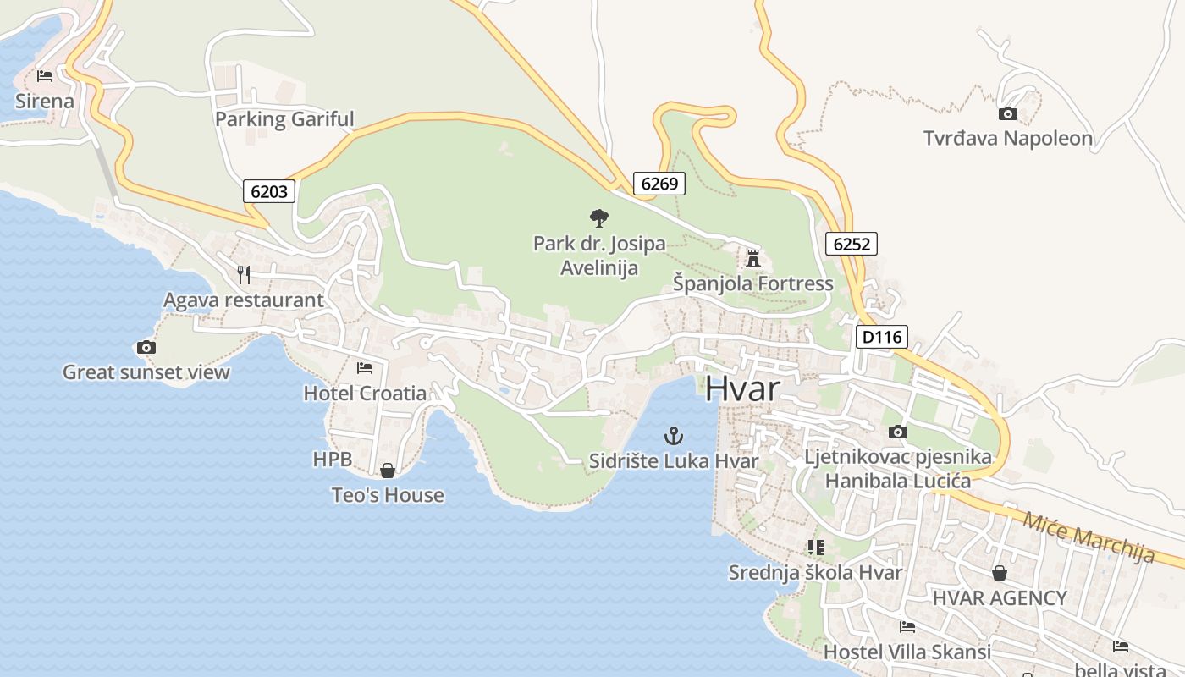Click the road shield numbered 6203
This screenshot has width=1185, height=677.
269,191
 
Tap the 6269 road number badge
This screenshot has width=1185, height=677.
659,184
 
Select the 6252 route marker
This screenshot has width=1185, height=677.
851,245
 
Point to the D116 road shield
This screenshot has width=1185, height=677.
881,338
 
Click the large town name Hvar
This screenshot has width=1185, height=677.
741,388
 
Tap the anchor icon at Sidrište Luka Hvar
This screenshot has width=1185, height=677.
674,437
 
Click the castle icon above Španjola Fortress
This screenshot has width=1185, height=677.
753,258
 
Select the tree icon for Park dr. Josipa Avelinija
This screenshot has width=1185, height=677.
598,218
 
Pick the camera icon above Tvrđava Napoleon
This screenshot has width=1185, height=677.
1007,113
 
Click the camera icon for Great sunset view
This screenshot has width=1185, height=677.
146,347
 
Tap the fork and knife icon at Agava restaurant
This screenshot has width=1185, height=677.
244,274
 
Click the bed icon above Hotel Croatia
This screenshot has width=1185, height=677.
365,367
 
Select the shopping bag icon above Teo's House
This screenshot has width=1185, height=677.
388,470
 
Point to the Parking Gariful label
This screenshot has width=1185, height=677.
284,119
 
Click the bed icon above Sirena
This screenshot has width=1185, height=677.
45,76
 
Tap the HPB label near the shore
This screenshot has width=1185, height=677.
332,460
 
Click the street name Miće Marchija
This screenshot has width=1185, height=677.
1089,537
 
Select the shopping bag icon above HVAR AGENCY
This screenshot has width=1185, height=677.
1000,573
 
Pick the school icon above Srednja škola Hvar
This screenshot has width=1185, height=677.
815,548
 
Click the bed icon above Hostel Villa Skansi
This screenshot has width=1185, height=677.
907,627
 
